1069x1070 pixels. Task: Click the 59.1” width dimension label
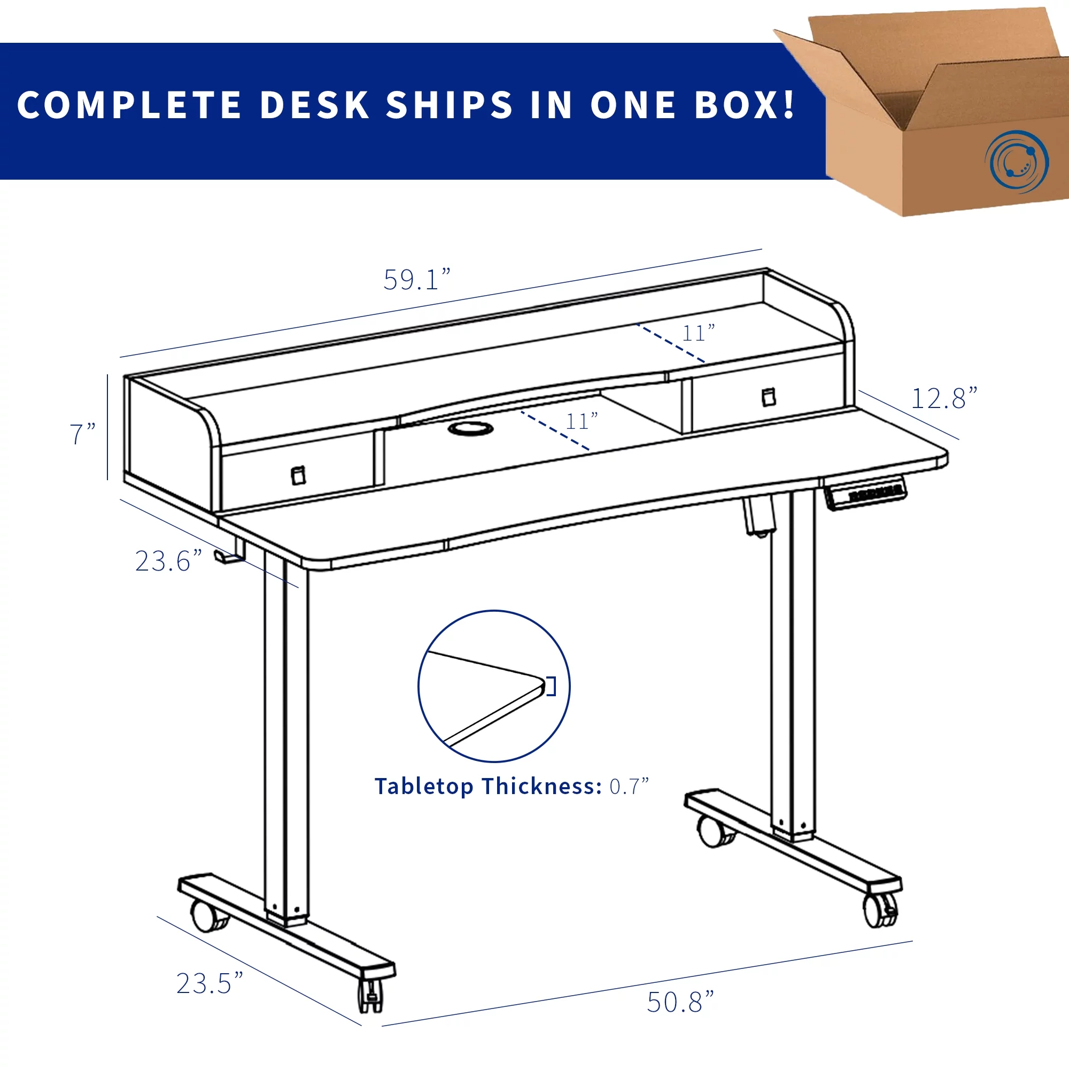click(x=417, y=279)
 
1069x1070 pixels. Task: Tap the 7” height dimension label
click(x=82, y=434)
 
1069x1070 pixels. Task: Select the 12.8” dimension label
click(x=944, y=398)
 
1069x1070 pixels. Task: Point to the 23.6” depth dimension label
click(x=168, y=561)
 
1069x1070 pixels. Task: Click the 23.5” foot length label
click(x=210, y=983)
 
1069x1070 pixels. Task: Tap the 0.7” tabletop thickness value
click(x=629, y=787)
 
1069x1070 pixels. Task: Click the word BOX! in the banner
click(x=745, y=105)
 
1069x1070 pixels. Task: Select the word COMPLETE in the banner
click(x=129, y=105)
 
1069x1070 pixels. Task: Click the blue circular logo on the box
click(x=1017, y=161)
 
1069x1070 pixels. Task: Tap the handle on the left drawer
click(x=298, y=475)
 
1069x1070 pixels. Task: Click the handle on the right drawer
click(x=769, y=397)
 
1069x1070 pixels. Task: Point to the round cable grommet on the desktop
click(x=470, y=428)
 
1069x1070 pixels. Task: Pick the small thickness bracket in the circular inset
click(x=551, y=687)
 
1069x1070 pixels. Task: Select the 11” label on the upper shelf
click(x=699, y=333)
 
